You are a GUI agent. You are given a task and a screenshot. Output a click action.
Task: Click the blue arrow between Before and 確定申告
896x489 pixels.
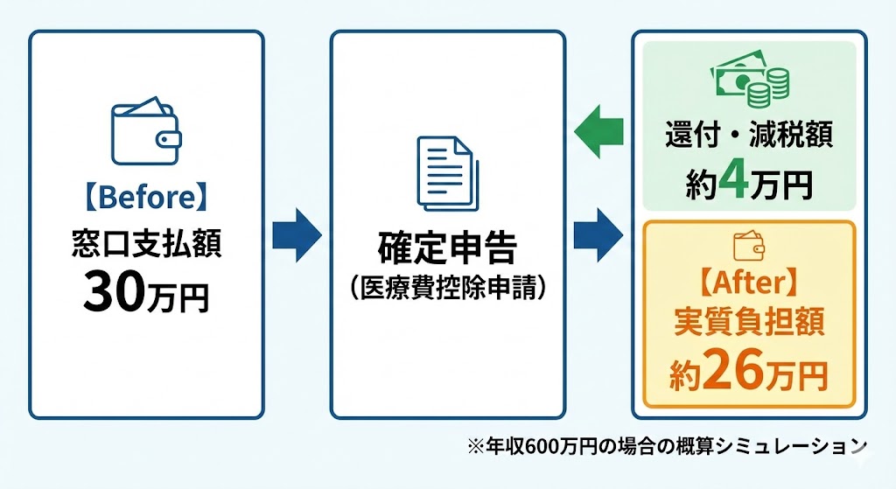pos(297,234)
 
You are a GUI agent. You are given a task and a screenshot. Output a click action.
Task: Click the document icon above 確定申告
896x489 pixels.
pos(447,172)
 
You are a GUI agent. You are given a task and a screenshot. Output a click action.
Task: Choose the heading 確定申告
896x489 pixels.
pos(447,248)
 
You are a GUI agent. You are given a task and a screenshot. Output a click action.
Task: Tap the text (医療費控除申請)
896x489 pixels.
pos(447,288)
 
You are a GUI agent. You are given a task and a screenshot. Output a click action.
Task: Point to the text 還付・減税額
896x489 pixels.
pos(749,137)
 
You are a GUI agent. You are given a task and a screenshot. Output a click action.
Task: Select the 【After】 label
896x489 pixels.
pos(749,282)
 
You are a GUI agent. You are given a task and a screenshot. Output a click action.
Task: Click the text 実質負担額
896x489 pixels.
pos(749,325)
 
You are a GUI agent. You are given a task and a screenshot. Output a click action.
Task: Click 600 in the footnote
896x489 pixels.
pos(554,447)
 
